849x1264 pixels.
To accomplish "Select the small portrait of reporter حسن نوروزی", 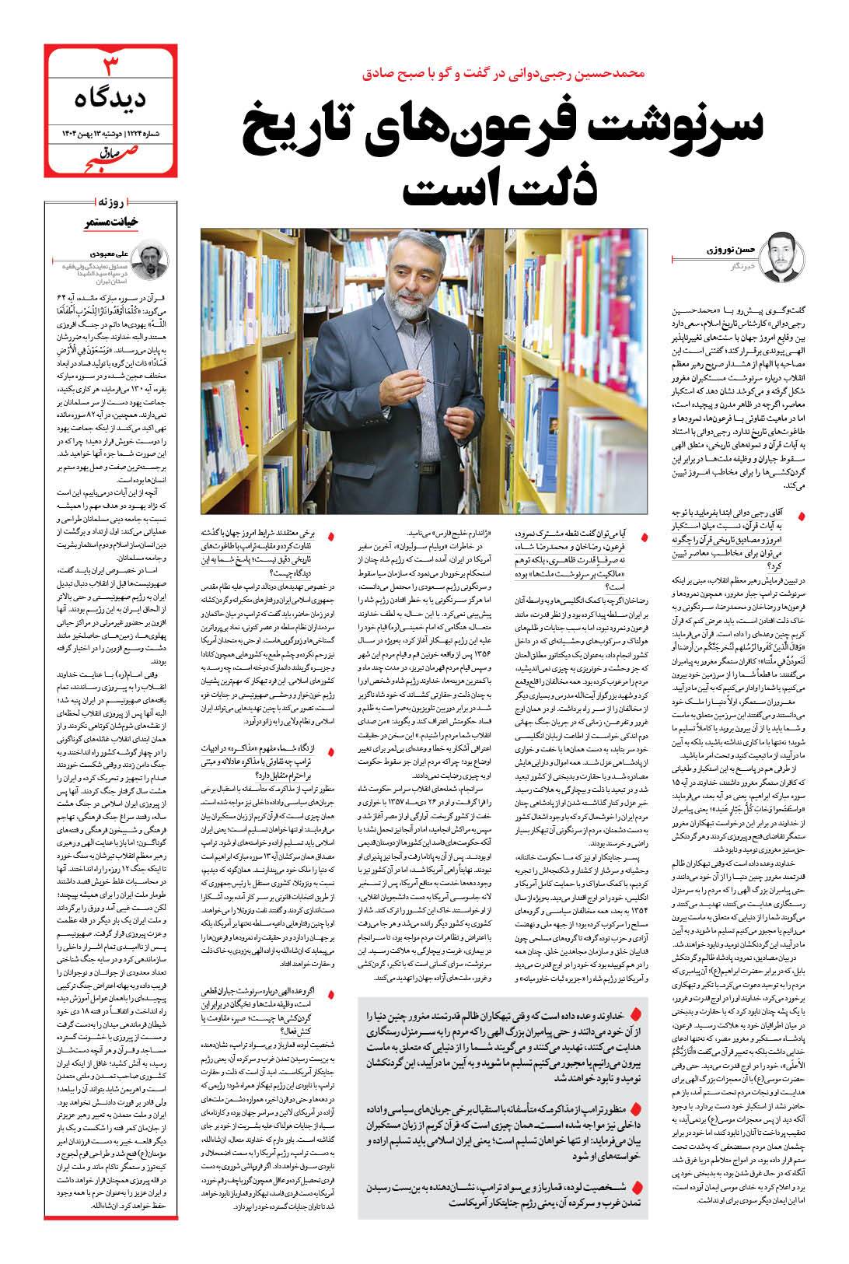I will (781, 257).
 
